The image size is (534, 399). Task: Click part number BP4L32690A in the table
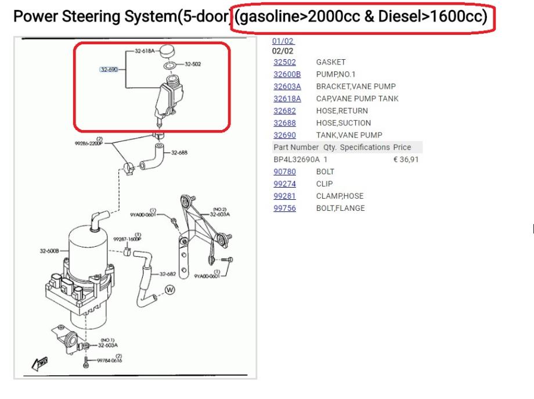296,159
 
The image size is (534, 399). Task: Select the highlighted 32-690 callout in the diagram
109,69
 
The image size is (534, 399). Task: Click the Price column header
402,148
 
